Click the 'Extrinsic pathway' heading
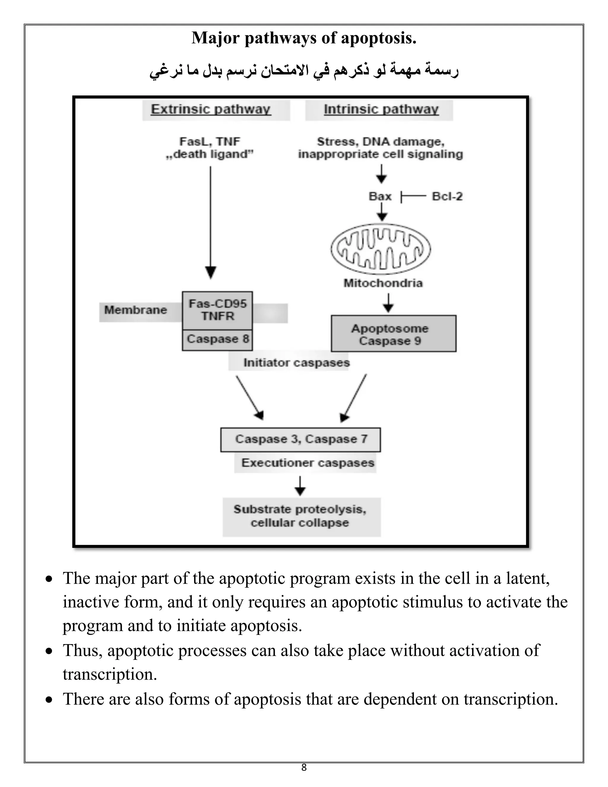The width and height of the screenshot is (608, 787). coord(211,109)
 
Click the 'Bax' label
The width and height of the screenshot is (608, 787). coord(380,196)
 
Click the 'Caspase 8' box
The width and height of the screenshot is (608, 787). coord(218,339)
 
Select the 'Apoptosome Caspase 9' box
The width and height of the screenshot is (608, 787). coord(393,334)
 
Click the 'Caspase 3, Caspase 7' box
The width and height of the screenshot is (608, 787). coord(301,439)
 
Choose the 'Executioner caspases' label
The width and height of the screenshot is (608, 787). coord(308,463)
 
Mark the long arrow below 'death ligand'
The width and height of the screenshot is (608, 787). coord(211,223)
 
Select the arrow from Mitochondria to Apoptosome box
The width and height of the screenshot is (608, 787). coord(388,303)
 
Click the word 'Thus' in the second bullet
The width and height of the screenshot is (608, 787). coord(83,650)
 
